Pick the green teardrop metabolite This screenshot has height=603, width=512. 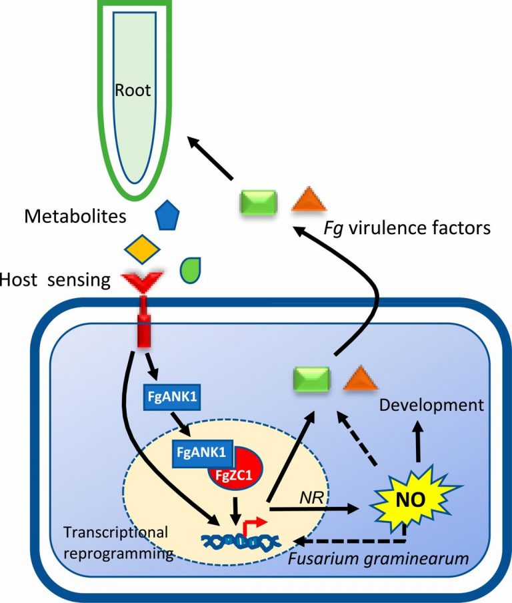(191, 268)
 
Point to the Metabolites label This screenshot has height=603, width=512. (74, 215)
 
